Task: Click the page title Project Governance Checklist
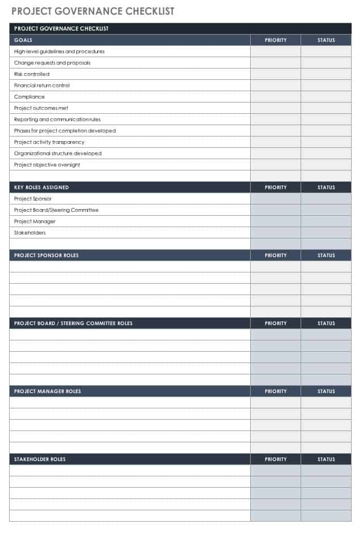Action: click(93, 11)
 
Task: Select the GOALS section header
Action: click(23, 40)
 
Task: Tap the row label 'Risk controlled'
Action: click(32, 74)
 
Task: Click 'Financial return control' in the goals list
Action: click(42, 86)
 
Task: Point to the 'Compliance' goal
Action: click(29, 97)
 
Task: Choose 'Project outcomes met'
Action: click(41, 108)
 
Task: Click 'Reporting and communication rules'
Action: click(57, 120)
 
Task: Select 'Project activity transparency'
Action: click(49, 142)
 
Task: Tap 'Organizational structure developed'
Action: click(58, 153)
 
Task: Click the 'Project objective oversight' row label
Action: click(47, 165)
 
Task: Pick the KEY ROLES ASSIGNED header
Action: click(41, 187)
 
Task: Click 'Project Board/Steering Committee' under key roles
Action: click(56, 210)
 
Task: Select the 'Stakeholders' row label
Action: click(30, 233)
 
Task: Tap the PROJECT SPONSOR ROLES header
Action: click(47, 255)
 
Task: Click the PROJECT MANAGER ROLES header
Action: click(48, 391)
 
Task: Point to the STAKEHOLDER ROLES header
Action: click(40, 459)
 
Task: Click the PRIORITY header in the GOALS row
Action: click(276, 40)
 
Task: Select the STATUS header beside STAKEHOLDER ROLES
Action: click(326, 459)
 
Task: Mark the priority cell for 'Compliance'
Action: click(276, 97)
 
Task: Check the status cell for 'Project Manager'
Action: click(326, 221)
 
